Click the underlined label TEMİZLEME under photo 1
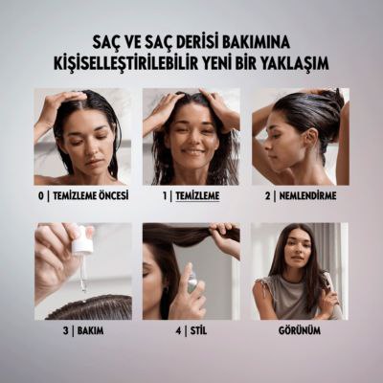click(197, 195)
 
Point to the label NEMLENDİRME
click(307, 195)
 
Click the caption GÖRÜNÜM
click(300, 330)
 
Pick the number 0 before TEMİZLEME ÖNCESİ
click(41, 195)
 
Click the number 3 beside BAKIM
click(66, 330)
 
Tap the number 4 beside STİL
click(178, 330)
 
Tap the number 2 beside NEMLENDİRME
click(268, 195)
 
